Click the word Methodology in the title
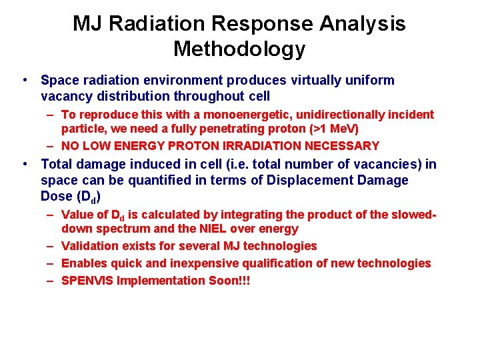click(x=239, y=49)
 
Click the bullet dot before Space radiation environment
click(x=24, y=81)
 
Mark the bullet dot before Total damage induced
click(x=24, y=164)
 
